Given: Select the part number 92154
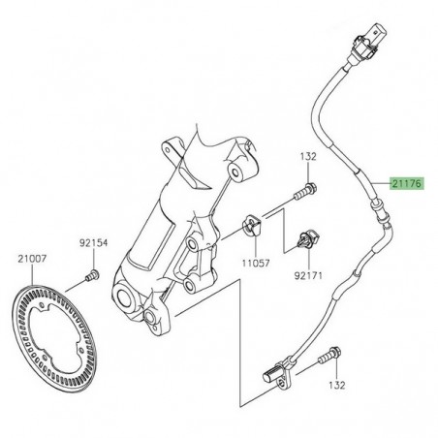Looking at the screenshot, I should pos(92,244).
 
